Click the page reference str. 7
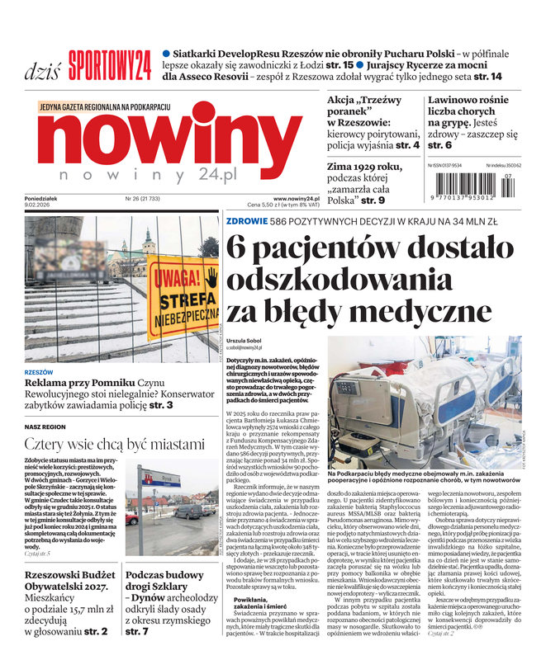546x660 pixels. click(137, 632)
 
